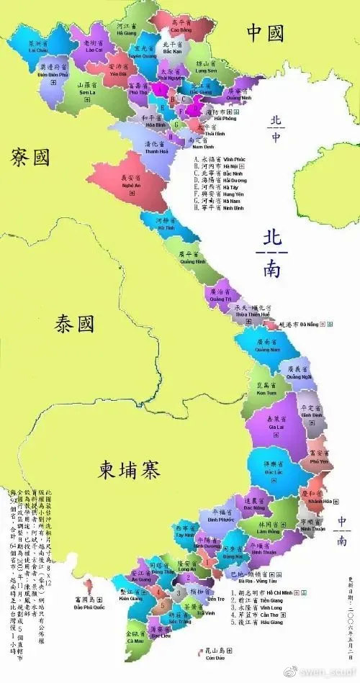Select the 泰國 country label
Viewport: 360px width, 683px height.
(74, 325)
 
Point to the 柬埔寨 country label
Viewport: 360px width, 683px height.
(130, 470)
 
